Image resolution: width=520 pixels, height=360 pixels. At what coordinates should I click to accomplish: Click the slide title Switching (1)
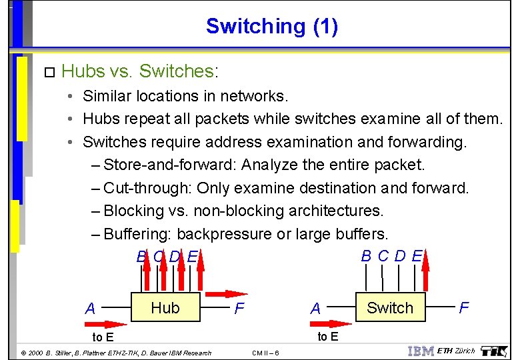coord(271,26)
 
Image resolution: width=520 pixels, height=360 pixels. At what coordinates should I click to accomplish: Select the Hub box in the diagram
coord(165,307)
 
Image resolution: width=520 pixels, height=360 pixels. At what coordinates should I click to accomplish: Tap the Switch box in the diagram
coord(389,307)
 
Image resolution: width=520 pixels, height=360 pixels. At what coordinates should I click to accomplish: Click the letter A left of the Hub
coord(91,309)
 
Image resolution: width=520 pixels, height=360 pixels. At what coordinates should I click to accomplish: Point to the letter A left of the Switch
coord(315,309)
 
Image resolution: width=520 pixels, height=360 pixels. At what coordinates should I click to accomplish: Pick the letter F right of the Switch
coord(464,307)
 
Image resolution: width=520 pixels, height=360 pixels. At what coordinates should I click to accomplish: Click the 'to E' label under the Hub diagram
coord(102,337)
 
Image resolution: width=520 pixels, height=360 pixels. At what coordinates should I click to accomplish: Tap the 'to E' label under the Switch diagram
coord(327,337)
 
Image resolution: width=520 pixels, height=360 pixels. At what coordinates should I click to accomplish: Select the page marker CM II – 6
coord(266,353)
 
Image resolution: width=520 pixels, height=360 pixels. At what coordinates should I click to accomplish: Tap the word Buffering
coord(138,234)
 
